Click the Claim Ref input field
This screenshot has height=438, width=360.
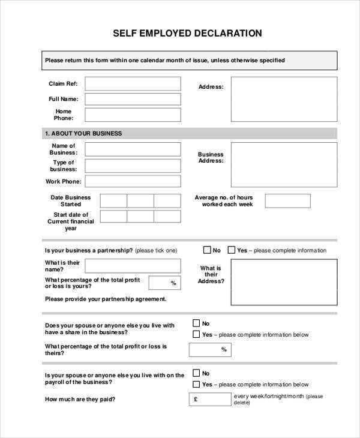pyautogui.click(x=133, y=83)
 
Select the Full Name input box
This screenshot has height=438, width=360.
pyautogui.click(x=133, y=99)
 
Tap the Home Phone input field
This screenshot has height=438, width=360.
pyautogui.click(x=133, y=115)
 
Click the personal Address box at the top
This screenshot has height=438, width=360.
pyautogui.click(x=284, y=99)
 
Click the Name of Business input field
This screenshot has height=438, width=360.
pyautogui.click(x=133, y=149)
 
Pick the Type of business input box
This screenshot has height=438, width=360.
pyautogui.click(x=133, y=166)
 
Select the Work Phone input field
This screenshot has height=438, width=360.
pyautogui.click(x=133, y=181)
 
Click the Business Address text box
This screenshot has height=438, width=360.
pyautogui.click(x=284, y=165)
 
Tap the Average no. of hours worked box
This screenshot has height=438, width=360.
pyautogui.click(x=288, y=201)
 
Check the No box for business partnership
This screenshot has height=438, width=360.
pyautogui.click(x=207, y=250)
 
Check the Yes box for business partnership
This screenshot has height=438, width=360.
pyautogui.click(x=232, y=250)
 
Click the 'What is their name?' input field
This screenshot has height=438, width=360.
pyautogui.click(x=133, y=266)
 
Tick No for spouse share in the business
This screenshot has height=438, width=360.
pyautogui.click(x=196, y=323)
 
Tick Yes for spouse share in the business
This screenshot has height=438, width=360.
pyautogui.click(x=196, y=334)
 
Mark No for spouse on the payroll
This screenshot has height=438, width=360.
pyautogui.click(x=196, y=373)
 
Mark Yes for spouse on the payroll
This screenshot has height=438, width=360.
pyautogui.click(x=196, y=384)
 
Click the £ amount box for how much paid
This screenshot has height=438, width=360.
pyautogui.click(x=210, y=399)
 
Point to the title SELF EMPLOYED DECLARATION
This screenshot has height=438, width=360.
pyautogui.click(x=188, y=33)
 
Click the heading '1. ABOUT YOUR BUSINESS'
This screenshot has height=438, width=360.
pyautogui.click(x=83, y=133)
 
